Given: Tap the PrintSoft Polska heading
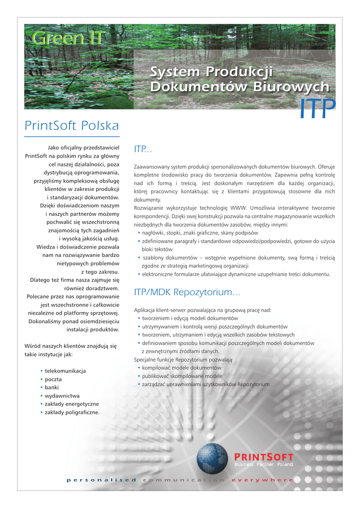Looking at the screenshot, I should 72,126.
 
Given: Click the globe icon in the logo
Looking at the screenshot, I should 212,458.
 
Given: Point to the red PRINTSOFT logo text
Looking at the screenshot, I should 263,456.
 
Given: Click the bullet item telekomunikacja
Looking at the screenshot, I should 65,371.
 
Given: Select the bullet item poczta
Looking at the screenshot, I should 53,379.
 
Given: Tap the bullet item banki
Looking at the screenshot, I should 52,387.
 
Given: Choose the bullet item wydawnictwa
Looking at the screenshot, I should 62,396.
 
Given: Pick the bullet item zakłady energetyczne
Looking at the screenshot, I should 72,404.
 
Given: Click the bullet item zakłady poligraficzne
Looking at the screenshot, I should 72,412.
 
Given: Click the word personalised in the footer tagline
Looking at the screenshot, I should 101,480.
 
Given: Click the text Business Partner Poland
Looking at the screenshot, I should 263,464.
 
